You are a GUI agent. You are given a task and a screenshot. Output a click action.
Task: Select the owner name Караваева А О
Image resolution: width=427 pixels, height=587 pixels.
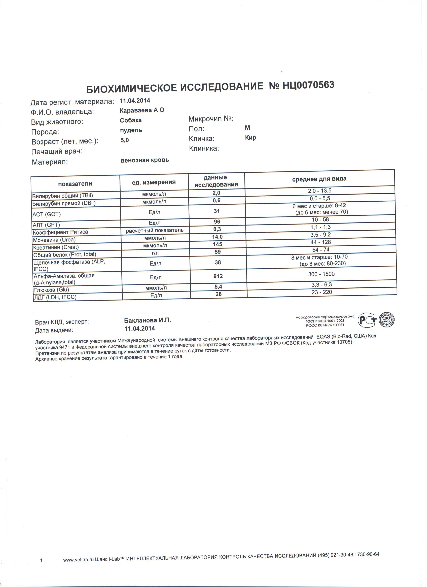(142, 110)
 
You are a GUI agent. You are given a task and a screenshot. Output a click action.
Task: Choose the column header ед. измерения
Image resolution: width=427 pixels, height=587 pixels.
(154, 182)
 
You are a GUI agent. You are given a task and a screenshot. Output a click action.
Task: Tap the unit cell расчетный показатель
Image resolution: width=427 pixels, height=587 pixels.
(155, 230)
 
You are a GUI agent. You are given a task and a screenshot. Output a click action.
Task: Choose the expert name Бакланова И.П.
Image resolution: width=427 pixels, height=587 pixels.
(148, 320)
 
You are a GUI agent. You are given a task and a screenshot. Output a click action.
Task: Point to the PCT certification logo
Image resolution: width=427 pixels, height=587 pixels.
(367, 321)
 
